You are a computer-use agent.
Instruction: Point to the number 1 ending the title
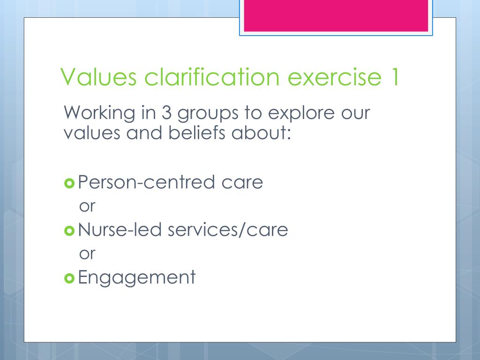(x=393, y=77)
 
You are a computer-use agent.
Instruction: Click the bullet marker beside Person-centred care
(x=69, y=183)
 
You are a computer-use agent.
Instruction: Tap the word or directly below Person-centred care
(x=87, y=206)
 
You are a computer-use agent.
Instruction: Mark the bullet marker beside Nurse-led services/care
(x=69, y=230)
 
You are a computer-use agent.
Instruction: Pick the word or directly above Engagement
(x=87, y=254)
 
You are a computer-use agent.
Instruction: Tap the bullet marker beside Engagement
(x=69, y=278)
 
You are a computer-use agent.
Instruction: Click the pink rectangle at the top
(x=336, y=15)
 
